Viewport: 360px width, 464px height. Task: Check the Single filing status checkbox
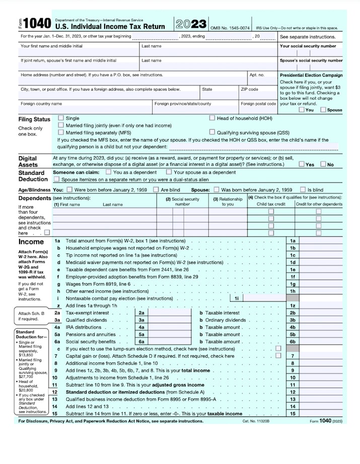[x=61, y=118]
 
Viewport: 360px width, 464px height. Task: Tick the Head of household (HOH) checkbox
[x=212, y=118]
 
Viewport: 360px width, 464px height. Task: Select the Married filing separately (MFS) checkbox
[x=61, y=132]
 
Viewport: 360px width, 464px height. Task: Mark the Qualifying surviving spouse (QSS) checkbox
[x=212, y=132]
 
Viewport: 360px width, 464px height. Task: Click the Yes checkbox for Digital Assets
[x=301, y=164]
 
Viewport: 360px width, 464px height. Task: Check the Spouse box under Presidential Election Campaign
[x=323, y=109]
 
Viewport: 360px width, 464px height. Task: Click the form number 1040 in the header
[x=37, y=24]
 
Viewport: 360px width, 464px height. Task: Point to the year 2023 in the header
[x=191, y=24]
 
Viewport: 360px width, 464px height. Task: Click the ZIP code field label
[x=249, y=89]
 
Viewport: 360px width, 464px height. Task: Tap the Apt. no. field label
[x=256, y=75]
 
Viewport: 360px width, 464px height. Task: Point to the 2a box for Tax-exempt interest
[x=141, y=313]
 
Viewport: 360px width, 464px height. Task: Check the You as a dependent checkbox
[x=108, y=172]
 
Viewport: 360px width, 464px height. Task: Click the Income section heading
[x=31, y=242]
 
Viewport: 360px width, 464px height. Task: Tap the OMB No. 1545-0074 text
[x=229, y=28]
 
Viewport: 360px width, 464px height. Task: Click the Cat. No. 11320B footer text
[x=256, y=421]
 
